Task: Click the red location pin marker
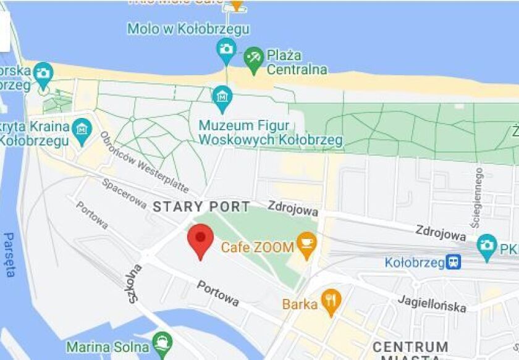[200, 241]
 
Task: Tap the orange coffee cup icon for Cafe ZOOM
[306, 246]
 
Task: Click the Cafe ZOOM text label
[257, 247]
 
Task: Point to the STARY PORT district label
[201, 207]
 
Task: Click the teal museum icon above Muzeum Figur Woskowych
[222, 97]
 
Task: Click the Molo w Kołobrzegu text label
[188, 28]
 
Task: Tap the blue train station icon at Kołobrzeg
[454, 262]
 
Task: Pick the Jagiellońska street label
[432, 303]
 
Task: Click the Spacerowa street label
[124, 193]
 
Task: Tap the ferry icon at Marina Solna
[161, 342]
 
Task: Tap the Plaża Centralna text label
[297, 62]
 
